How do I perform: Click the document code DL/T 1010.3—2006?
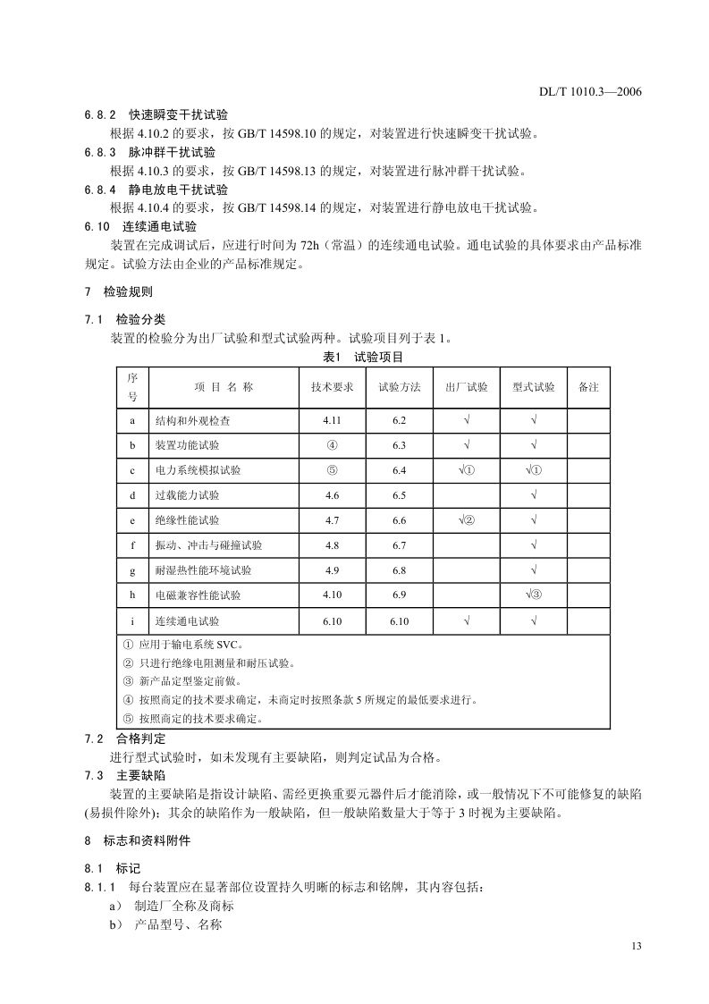pyautogui.click(x=591, y=91)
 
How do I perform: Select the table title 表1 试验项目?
pyautogui.click(x=363, y=357)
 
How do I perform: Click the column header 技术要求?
pyautogui.click(x=332, y=387)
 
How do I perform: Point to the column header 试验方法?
pyautogui.click(x=400, y=387)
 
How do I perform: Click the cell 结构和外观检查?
pyautogui.click(x=198, y=420)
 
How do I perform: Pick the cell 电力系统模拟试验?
pyautogui.click(x=198, y=470)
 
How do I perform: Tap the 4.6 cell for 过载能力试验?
pyautogui.click(x=332, y=495)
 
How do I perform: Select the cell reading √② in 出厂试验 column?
pyautogui.click(x=467, y=520)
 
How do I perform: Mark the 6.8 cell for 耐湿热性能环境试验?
pyautogui.click(x=399, y=570)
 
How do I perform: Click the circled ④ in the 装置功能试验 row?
pyautogui.click(x=332, y=445)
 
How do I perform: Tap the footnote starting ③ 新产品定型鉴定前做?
pyautogui.click(x=181, y=682)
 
